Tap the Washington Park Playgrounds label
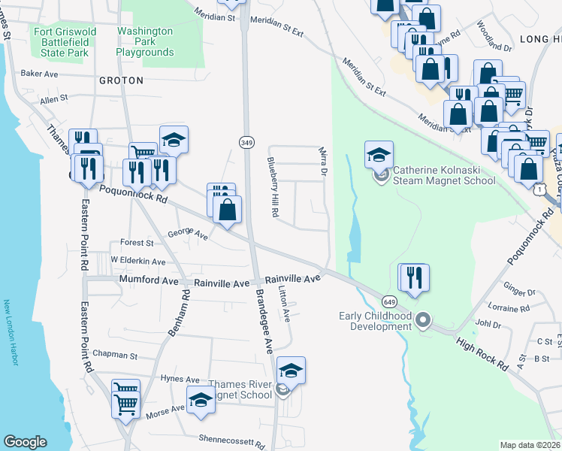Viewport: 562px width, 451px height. [145, 41]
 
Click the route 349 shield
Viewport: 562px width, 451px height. [246, 142]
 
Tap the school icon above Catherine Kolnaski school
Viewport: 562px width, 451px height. [379, 155]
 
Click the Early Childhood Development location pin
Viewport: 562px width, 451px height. [423, 321]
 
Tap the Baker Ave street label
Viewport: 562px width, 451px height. [41, 74]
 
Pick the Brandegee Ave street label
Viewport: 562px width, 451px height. [264, 321]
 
